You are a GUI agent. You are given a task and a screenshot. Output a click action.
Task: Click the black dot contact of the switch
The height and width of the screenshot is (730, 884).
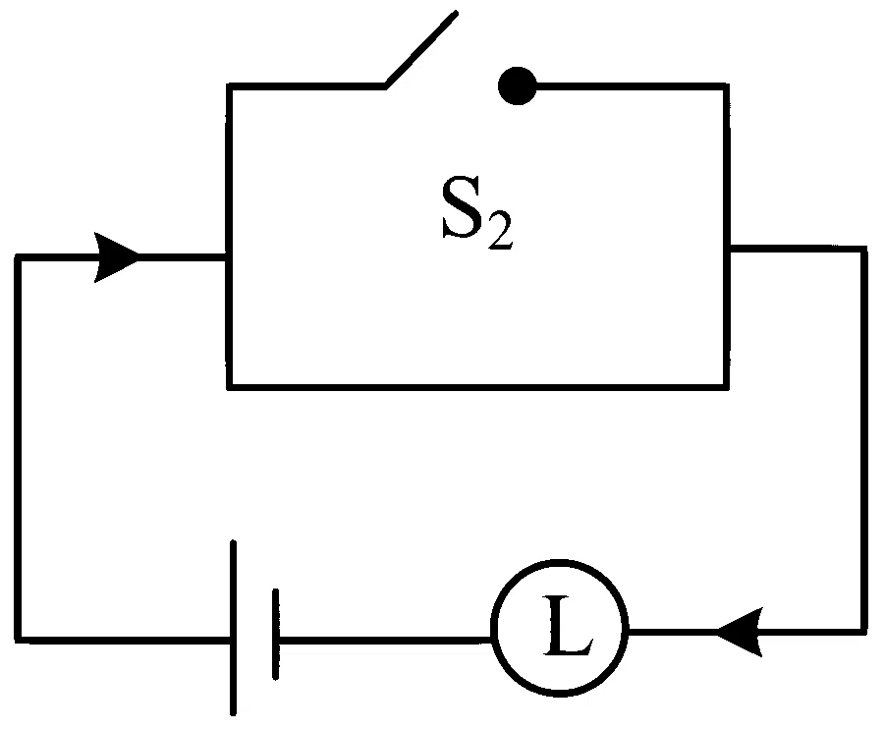tap(517, 85)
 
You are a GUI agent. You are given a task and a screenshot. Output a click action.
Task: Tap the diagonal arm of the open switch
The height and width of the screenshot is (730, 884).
tap(421, 49)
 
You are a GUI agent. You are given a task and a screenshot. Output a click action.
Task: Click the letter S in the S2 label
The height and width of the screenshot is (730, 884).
tap(462, 207)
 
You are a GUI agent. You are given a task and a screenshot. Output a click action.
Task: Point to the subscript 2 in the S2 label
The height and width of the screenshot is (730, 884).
tap(501, 230)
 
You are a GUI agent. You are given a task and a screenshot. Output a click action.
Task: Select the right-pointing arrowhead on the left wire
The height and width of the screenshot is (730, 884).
tap(117, 257)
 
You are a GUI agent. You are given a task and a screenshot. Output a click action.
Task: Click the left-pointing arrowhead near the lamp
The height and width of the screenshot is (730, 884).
tap(740, 632)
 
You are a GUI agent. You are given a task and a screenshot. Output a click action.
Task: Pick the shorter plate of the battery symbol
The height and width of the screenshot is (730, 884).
tap(275, 635)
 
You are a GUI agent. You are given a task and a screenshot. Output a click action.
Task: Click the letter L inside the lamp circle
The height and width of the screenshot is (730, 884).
tap(568, 625)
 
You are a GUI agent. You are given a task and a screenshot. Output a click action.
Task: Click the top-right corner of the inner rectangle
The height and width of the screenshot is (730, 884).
tap(726, 86)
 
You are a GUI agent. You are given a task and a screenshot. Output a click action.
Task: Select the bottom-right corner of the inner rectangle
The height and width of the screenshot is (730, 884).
tap(726, 387)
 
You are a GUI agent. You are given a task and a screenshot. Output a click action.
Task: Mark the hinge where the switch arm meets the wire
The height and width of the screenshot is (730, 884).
tap(386, 86)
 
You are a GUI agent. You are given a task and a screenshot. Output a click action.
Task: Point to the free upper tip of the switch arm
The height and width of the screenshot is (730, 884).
tap(456, 13)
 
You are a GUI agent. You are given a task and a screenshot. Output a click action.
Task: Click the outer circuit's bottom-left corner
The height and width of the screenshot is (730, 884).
tap(18, 640)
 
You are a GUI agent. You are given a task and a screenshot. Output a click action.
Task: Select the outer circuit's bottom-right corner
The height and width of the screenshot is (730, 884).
tap(863, 632)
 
